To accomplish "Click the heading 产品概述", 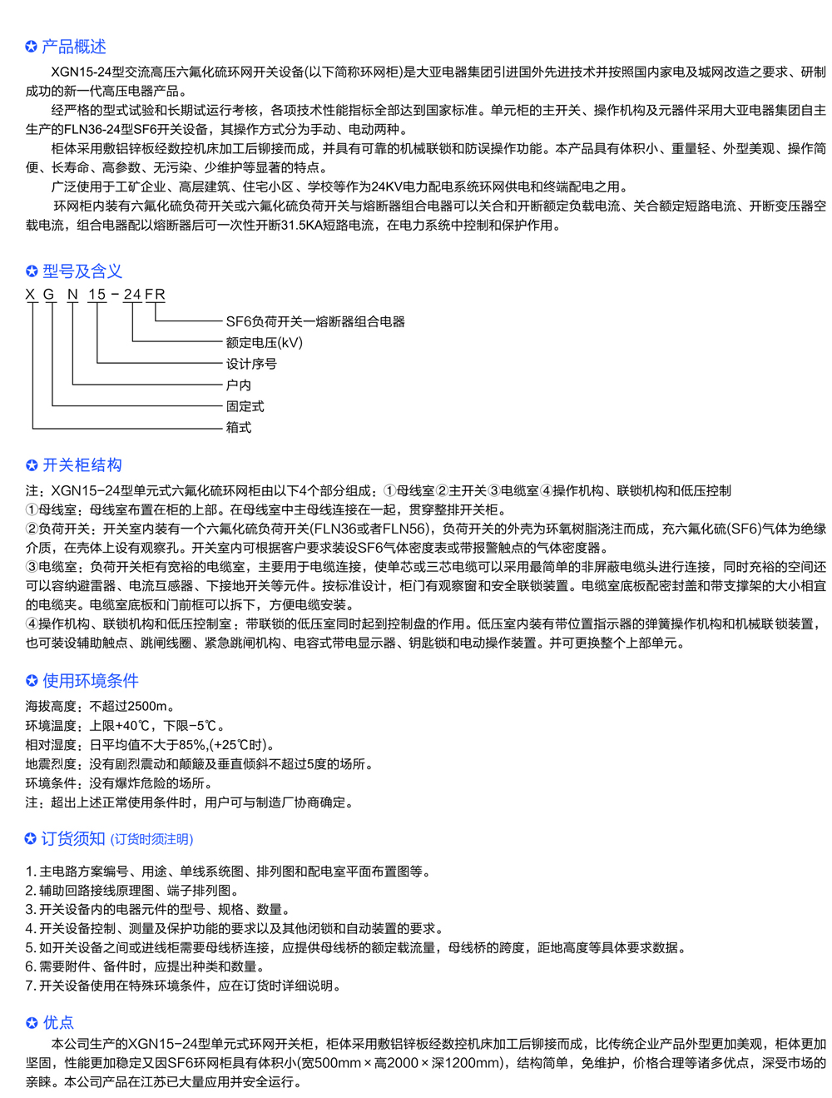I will (74, 47).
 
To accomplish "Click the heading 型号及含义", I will (82, 271).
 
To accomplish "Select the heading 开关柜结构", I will (82, 465).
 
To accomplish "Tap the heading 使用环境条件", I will (91, 681).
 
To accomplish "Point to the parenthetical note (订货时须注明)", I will (151, 840).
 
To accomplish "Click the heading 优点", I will (58, 1023).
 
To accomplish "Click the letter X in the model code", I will (31, 295).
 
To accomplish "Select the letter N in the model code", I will (72, 295).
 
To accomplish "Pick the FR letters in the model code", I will (156, 295).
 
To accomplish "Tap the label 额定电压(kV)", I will (265, 343).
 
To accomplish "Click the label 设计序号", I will (251, 364).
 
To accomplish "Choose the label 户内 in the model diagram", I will (239, 385).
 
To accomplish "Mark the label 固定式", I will (245, 406).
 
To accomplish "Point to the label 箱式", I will (239, 428).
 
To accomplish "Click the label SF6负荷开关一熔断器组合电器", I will (315, 321).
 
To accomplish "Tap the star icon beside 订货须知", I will (31, 839).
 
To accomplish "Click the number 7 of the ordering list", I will (30, 986).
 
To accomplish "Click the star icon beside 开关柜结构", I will (32, 465).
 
